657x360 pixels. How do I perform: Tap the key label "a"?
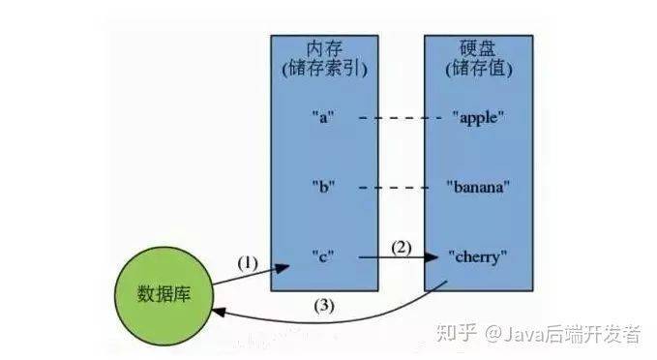point(322,117)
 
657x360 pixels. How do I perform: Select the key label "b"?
point(322,186)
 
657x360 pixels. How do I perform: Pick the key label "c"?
point(322,256)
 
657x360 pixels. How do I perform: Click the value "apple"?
point(478,117)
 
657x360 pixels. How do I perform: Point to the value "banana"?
point(478,186)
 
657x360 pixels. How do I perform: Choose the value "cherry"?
point(478,256)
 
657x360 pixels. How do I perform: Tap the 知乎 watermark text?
point(459,335)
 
